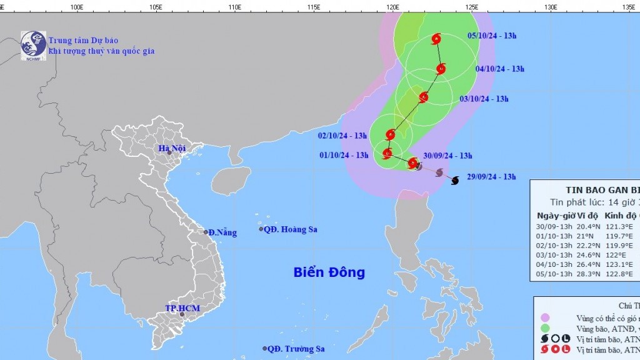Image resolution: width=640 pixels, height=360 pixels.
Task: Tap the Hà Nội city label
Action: click(x=172, y=149)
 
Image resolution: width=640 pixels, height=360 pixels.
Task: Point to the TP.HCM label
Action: click(x=179, y=308)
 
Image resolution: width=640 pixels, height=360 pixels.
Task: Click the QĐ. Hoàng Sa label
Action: click(x=291, y=229)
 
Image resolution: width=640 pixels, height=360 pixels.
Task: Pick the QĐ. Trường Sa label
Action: click(x=294, y=349)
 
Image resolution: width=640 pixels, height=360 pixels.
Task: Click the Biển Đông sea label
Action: click(x=329, y=272)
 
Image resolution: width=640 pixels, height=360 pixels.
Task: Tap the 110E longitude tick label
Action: click(x=235, y=7)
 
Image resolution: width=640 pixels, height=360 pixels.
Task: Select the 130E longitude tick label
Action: click(x=551, y=7)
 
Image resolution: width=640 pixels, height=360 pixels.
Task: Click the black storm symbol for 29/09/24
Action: click(x=454, y=180)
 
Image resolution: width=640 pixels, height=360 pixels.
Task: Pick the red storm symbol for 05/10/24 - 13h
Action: click(x=436, y=39)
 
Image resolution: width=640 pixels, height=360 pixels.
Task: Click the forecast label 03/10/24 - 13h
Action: click(x=484, y=99)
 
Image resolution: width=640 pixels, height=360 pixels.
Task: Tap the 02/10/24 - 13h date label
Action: click(x=342, y=136)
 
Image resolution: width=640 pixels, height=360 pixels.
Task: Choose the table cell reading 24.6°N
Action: click(x=591, y=254)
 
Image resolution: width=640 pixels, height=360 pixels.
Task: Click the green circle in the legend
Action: click(x=545, y=328)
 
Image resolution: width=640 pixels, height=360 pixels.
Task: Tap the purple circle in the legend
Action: click(x=545, y=317)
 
